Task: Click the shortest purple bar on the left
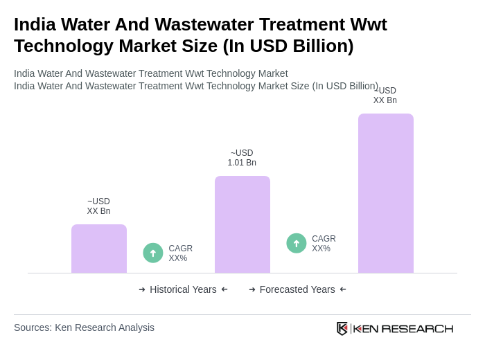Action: [x=99, y=249]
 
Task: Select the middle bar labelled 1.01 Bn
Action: [x=242, y=224]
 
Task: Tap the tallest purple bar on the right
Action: [x=386, y=193]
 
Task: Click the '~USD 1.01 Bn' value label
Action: [x=242, y=158]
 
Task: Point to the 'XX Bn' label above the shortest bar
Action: [x=98, y=206]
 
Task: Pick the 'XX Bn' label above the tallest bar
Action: [x=385, y=96]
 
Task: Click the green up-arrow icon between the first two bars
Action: [x=153, y=253]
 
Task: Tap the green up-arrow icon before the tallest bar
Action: [x=297, y=243]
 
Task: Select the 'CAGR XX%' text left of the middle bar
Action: [x=180, y=253]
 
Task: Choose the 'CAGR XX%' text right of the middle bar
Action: [x=324, y=244]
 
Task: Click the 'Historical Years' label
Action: [x=183, y=289]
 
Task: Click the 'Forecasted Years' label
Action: [x=297, y=289]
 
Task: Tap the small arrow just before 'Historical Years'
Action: [x=142, y=289]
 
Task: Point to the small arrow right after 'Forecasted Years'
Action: [x=343, y=289]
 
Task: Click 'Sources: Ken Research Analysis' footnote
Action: [x=84, y=327]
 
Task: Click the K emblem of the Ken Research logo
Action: [x=342, y=328]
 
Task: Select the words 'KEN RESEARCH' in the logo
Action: [x=403, y=328]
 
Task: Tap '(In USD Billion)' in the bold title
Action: [x=288, y=46]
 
